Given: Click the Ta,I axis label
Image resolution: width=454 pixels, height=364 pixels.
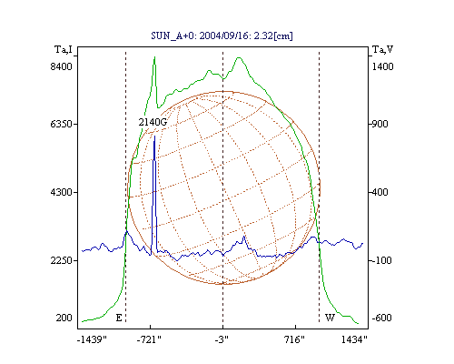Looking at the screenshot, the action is point(64,49).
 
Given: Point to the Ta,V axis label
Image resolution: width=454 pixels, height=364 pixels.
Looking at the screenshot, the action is point(383,49).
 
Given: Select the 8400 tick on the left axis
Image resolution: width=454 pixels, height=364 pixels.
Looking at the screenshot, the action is point(62,66).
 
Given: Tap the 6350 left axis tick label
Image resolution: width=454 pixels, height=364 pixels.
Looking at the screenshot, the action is point(62,124).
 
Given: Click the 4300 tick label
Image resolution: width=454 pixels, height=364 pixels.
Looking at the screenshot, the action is point(62,192).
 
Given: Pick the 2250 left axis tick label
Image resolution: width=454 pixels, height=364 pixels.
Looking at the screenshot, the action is point(62,260).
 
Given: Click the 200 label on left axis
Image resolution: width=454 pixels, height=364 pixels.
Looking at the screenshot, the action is point(64,318).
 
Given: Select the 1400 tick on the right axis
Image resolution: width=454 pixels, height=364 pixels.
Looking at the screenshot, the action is point(383,66).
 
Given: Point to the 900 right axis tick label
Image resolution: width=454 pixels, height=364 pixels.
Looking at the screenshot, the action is point(380,124).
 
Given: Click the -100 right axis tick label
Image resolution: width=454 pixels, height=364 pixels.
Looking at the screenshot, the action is point(381,260).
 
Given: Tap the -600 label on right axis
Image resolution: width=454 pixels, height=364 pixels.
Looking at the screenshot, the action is point(382,318).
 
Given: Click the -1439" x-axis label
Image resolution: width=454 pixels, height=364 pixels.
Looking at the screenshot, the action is point(92,339).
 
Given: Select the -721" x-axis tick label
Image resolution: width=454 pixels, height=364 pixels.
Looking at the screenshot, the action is point(149,339).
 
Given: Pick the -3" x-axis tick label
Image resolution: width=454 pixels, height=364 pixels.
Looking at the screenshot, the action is point(222,339).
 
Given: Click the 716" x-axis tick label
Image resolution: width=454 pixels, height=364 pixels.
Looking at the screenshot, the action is point(294,339).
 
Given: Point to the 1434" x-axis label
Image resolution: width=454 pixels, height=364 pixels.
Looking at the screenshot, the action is point(354,339).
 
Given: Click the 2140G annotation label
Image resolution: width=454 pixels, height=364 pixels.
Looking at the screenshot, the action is point(153,122).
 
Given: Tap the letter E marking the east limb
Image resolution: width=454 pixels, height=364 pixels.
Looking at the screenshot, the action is point(119,318).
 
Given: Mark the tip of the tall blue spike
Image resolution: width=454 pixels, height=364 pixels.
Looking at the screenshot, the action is point(154,136).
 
